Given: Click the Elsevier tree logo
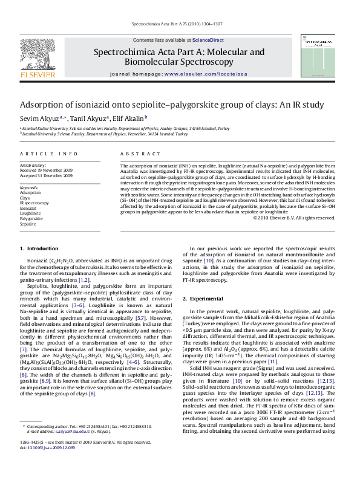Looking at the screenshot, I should point(38,57).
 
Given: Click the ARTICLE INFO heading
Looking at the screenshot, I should point(49,154).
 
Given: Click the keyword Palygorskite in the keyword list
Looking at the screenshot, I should point(31,218).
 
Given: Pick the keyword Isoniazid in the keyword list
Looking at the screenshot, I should point(28,208).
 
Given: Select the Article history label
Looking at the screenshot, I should point(33,164).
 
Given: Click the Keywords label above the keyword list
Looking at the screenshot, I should point(29,187).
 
